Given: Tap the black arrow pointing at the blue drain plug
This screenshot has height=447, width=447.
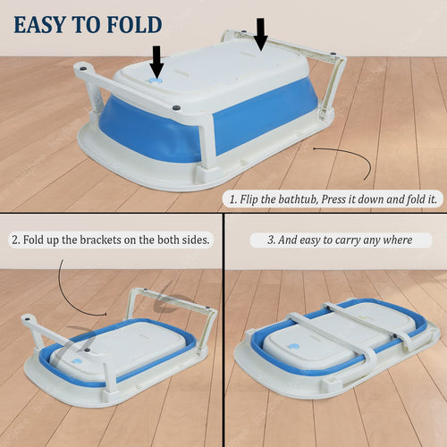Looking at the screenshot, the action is tap(156, 62).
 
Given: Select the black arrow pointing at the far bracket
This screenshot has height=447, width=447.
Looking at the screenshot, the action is tap(261, 34).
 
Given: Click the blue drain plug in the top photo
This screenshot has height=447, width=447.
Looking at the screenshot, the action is tap(155, 81).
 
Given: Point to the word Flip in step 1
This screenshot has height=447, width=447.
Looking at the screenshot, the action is tap(249, 199).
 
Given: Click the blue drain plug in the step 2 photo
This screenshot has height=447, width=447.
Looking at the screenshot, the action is tap(78, 361).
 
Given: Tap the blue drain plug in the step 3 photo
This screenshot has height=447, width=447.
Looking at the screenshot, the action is tap(293, 347).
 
